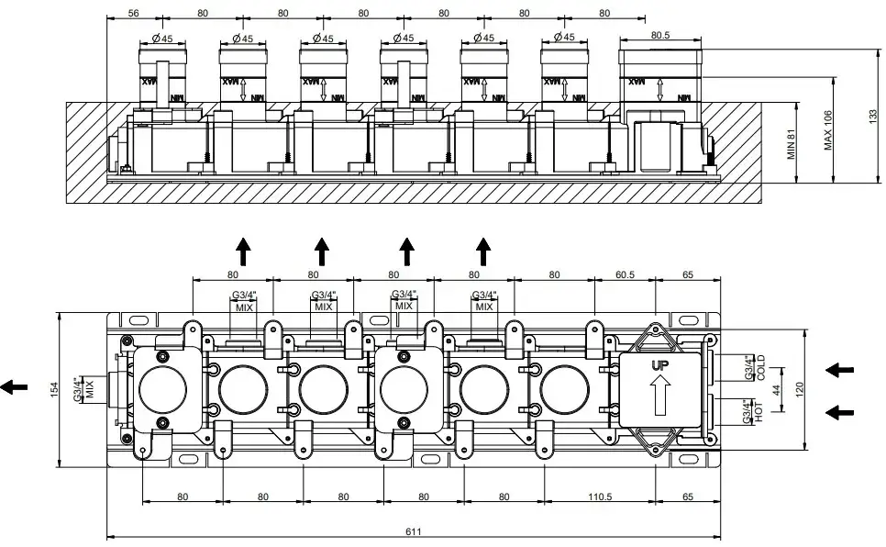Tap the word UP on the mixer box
point(658,365)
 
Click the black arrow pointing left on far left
point(14,387)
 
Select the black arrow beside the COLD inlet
point(839,370)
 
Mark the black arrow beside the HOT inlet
point(839,412)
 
